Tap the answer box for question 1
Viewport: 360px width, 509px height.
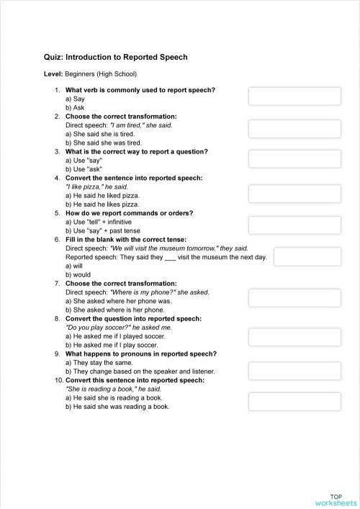point(294,96)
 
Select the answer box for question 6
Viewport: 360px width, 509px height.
point(307,256)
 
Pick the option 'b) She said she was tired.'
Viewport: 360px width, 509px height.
point(103,143)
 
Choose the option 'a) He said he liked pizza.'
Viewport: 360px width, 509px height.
point(102,195)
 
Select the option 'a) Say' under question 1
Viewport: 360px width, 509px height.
point(75,99)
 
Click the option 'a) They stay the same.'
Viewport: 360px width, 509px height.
point(99,363)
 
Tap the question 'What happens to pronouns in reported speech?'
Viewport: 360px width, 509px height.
point(140,353)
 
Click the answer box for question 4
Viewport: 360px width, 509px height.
point(294,193)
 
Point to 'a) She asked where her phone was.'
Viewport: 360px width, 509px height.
point(118,301)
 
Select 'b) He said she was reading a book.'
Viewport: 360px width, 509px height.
point(117,406)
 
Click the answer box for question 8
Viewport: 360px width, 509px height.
point(294,337)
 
